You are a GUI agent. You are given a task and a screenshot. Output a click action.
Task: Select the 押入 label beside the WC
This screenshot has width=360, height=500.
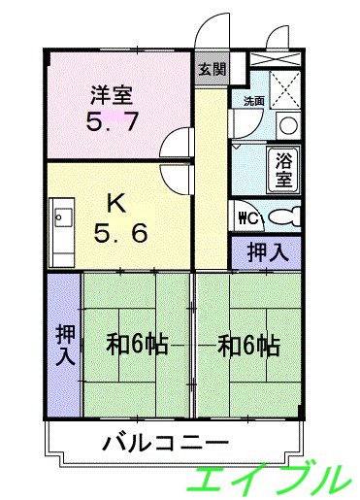[x=265, y=252]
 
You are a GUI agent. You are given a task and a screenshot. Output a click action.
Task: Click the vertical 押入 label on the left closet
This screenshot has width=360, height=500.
[x=64, y=345]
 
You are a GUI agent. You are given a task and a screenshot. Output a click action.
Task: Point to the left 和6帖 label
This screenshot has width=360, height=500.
[x=136, y=345]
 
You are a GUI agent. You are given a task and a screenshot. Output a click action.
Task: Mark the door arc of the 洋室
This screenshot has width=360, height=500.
[x=175, y=144]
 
